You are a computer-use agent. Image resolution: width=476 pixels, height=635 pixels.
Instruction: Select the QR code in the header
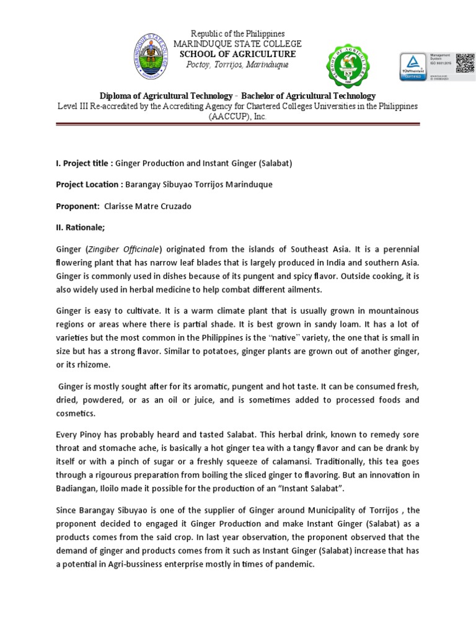464,63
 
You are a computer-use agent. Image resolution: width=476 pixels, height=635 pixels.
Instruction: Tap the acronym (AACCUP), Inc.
239,117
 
